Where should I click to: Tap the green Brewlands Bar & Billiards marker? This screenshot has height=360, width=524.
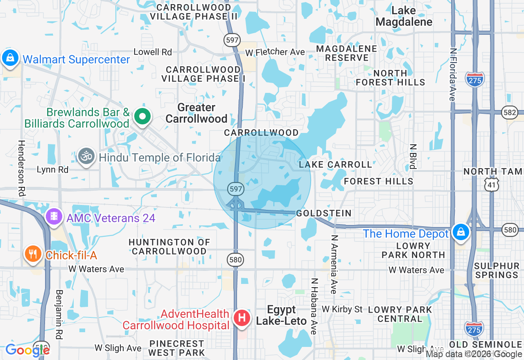142,117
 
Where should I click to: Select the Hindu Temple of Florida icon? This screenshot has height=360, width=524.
86,157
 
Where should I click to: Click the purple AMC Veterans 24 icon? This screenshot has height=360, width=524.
54,216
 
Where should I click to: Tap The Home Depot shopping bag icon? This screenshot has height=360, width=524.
461,232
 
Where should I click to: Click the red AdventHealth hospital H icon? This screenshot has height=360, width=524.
242,318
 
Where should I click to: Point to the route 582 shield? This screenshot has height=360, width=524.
512,112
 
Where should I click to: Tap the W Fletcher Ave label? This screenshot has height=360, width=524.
275,52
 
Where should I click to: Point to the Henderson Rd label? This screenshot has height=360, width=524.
22,168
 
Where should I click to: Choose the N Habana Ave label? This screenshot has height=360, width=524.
314,306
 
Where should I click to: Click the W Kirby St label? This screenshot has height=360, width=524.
342,309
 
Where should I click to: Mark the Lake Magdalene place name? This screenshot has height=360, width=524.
404,16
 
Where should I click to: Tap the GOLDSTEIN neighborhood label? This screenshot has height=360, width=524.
324,213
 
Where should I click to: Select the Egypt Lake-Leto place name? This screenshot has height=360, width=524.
282,315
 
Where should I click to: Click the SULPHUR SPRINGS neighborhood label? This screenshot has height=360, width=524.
497,270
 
